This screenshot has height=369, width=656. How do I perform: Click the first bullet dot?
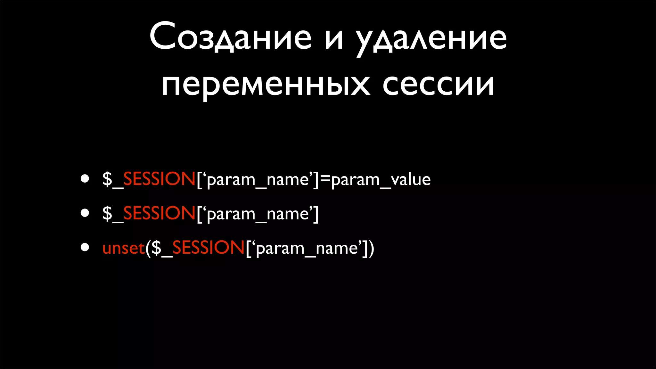tap(85, 178)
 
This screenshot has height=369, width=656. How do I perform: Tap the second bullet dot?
tap(85, 213)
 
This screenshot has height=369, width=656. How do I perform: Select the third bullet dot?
tap(85, 247)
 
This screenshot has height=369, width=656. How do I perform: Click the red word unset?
tap(124, 248)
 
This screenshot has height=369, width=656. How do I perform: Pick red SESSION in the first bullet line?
tap(159, 179)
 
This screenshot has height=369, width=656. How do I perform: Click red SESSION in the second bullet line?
tap(159, 213)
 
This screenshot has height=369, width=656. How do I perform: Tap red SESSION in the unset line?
tap(209, 248)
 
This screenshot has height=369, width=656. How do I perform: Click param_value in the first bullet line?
tap(381, 179)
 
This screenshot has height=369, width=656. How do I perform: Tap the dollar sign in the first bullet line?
tap(107, 179)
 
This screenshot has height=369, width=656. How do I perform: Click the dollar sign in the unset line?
tap(156, 248)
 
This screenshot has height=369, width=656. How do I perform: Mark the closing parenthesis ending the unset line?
tap(371, 249)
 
